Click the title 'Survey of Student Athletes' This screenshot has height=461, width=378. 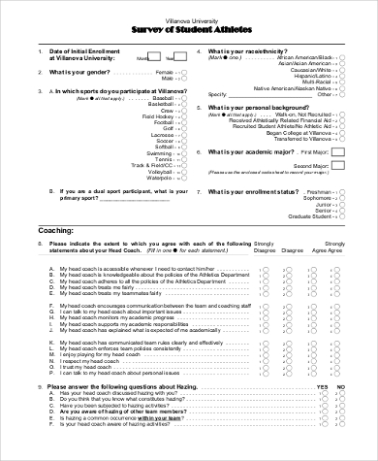tap(189, 28)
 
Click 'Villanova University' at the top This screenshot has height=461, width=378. tap(189, 18)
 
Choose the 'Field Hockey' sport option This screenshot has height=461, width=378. tap(159, 116)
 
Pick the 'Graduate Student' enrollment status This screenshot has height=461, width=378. tap(309, 215)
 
